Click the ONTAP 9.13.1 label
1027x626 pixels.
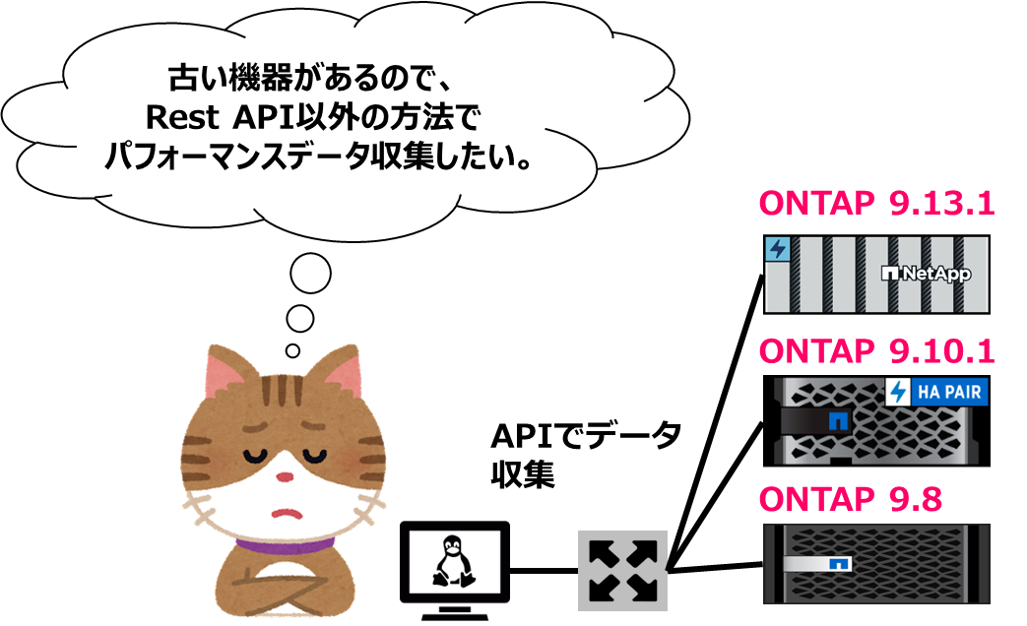(x=876, y=206)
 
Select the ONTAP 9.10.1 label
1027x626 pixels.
(x=876, y=350)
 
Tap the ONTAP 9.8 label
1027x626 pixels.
(x=851, y=499)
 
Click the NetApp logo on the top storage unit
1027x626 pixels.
(x=927, y=275)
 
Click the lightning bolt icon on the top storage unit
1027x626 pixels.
(x=778, y=249)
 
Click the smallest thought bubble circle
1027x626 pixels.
(x=292, y=349)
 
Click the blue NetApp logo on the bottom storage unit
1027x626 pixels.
(x=840, y=565)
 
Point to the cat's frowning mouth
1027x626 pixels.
(x=286, y=512)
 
